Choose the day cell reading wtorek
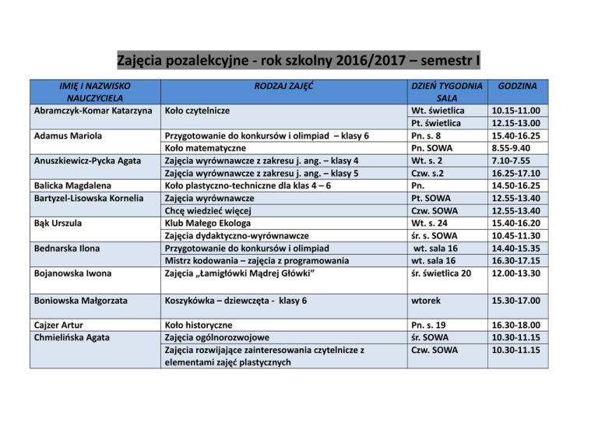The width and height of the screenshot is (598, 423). tap(428, 301)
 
